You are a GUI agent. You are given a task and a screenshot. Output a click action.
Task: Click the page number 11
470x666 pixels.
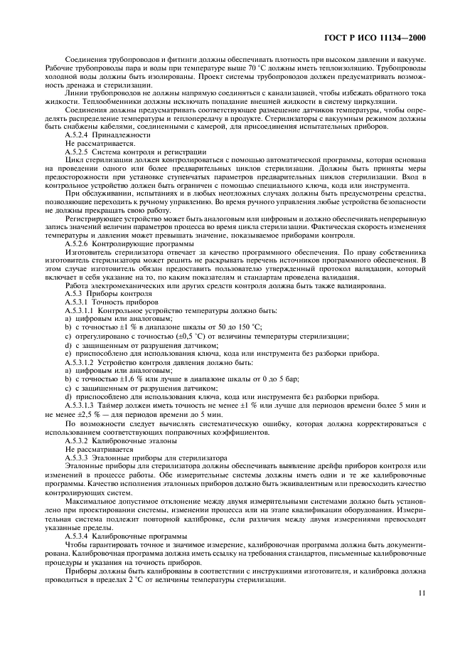click(x=422, y=591)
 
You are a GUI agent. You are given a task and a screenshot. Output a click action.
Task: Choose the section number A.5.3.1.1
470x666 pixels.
click(x=82, y=311)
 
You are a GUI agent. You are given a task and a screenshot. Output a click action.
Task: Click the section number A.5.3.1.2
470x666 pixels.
click(x=82, y=362)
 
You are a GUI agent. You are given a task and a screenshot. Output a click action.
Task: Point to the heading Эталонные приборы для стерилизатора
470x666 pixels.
click(x=163, y=458)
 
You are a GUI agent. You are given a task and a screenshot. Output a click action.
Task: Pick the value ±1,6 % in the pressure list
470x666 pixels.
click(x=123, y=379)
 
